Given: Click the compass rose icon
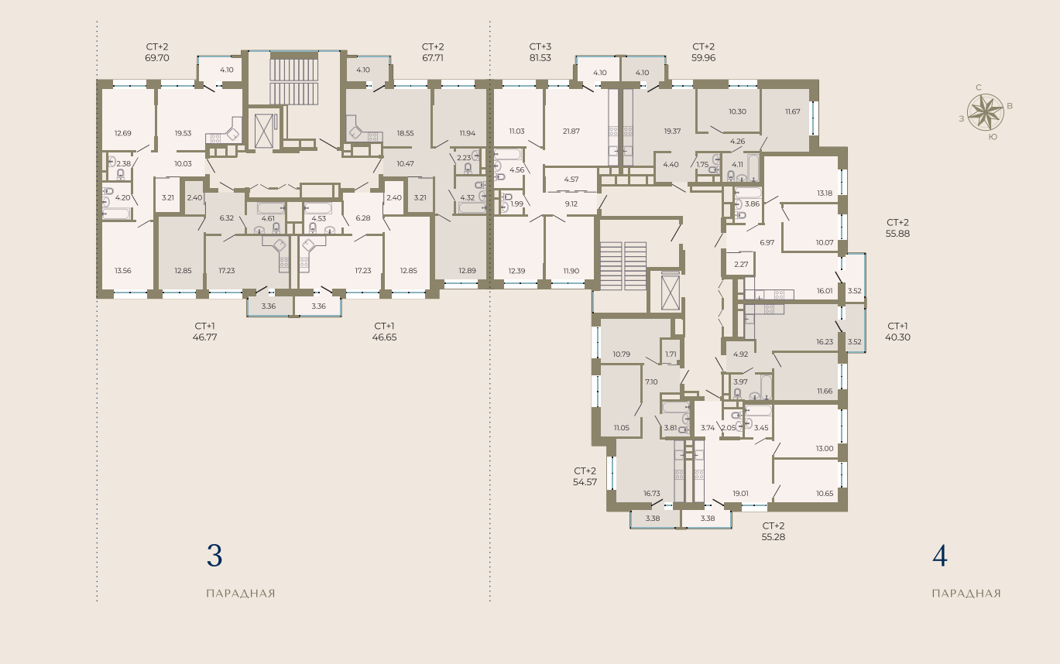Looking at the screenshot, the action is pyautogui.click(x=985, y=112).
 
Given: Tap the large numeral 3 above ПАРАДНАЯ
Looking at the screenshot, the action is pyautogui.click(x=214, y=556).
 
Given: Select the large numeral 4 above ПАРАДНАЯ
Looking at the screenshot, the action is pyautogui.click(x=940, y=556).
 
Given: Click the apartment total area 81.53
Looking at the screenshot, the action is pyautogui.click(x=540, y=58).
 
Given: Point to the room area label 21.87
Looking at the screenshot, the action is pyautogui.click(x=571, y=131).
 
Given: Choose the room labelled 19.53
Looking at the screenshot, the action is pyautogui.click(x=184, y=133).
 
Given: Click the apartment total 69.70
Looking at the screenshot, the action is pyautogui.click(x=157, y=58).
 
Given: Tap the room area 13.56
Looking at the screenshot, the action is pyautogui.click(x=123, y=271).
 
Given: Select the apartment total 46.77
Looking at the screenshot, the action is pyautogui.click(x=205, y=337).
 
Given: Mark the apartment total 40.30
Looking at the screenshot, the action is pyautogui.click(x=897, y=337).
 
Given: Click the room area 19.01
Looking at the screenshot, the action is pyautogui.click(x=740, y=493).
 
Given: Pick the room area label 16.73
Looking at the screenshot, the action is pyautogui.click(x=652, y=493).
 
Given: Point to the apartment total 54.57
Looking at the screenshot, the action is pyautogui.click(x=585, y=482).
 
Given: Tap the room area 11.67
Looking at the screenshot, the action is pyautogui.click(x=793, y=111).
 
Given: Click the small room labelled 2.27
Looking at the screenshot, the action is pyautogui.click(x=741, y=264).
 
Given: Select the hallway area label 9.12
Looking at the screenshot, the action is pyautogui.click(x=571, y=204).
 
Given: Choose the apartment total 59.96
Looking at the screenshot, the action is pyautogui.click(x=703, y=58).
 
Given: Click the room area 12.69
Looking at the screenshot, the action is pyautogui.click(x=123, y=133).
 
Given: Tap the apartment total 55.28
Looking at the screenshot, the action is pyautogui.click(x=774, y=537).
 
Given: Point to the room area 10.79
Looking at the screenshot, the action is pyautogui.click(x=621, y=354).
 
